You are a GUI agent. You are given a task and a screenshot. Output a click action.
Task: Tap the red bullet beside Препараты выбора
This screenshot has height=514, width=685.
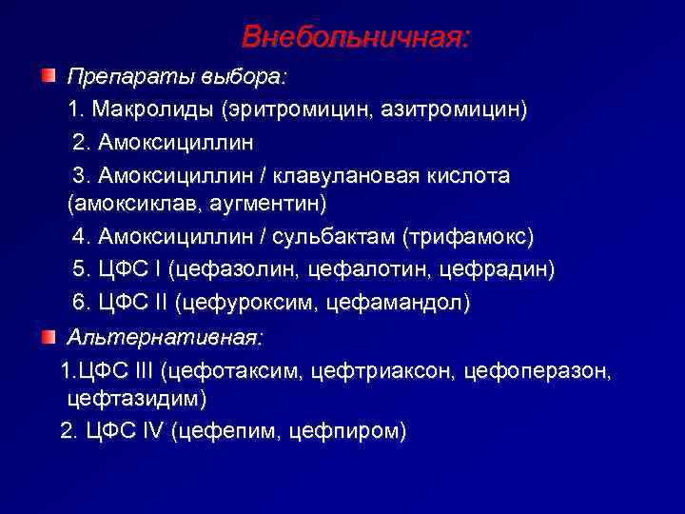[x=48, y=75]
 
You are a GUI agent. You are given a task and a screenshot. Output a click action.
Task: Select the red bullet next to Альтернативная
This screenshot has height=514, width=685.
[x=48, y=337]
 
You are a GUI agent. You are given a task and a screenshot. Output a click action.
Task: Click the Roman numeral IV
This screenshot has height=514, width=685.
[x=152, y=430]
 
